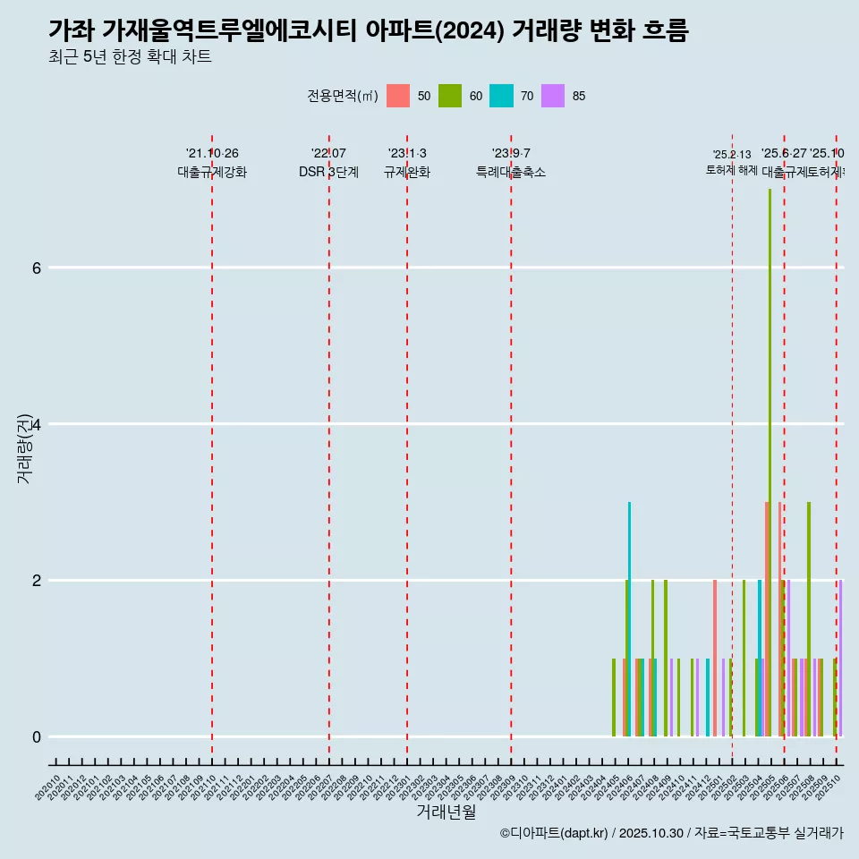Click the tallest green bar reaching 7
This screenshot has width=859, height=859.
coord(770,465)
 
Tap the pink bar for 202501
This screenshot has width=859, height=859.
coord(715,658)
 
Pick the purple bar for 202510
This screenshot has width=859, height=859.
coord(841,658)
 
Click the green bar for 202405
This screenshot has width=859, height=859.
coord(614,697)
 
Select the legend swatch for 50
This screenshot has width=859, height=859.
coord(398,96)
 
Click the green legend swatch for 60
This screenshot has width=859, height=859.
coord(450,96)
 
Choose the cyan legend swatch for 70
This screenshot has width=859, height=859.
coord(501,96)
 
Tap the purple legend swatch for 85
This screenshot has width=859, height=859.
coord(553,96)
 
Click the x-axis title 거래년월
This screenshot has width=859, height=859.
coord(446,812)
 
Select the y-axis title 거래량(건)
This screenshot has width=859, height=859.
coord(24,447)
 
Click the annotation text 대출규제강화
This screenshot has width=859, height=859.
coord(212,172)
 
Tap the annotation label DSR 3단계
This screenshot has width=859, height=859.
coord(328,172)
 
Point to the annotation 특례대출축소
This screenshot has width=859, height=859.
coord(510,172)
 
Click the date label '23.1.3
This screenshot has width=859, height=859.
coord(407,153)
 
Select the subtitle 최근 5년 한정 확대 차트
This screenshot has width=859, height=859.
coord(130,57)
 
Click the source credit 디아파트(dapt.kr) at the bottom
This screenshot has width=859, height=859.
coord(555,833)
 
